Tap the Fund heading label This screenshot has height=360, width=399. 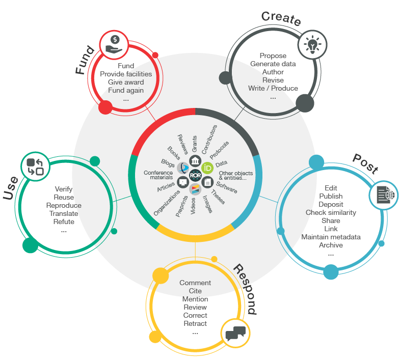click(84, 61)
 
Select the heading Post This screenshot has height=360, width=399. click(365, 162)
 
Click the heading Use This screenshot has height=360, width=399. click(11, 188)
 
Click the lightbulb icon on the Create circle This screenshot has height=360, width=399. click(312, 44)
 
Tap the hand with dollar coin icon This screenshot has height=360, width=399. click(114, 44)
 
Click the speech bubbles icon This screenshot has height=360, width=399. click(235, 333)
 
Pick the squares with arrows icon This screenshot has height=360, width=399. click(35, 167)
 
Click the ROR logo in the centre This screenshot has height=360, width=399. click(195, 175)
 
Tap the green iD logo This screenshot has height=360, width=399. click(207, 168)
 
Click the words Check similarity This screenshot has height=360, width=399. click(331, 212)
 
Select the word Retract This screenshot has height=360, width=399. click(195, 323)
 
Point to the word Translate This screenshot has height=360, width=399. click(64, 213)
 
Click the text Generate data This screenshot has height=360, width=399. click(273, 64)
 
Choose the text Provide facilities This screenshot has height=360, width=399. click(126, 74)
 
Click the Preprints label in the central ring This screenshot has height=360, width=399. click(181, 204)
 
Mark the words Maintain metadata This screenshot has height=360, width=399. click(331, 237)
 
